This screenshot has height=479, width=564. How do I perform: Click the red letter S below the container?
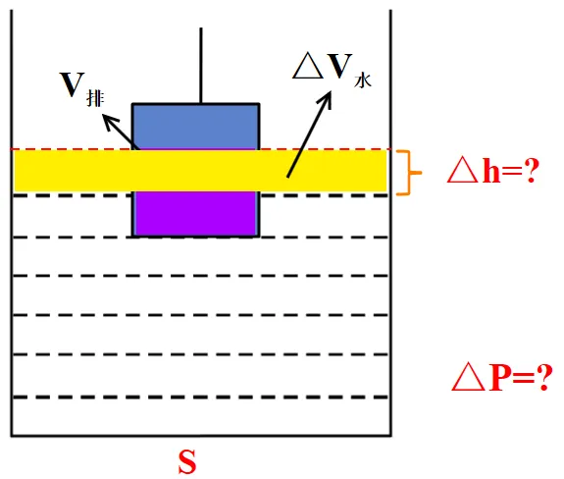[x=187, y=462]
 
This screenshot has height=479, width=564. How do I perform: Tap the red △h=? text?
[x=493, y=171]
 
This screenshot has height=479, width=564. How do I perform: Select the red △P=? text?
[x=502, y=378]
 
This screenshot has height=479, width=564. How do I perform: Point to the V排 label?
[x=82, y=89]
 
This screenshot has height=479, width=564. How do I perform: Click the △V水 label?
[x=332, y=70]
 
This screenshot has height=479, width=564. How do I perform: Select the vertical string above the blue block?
[x=201, y=66]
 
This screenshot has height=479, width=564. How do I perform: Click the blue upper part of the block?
[x=196, y=127]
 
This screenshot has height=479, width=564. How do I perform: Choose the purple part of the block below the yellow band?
[x=196, y=213]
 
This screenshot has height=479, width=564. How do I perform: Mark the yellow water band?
[x=200, y=171]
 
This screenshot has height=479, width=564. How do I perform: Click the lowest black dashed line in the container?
[x=200, y=398]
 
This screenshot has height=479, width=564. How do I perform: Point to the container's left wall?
[x=12, y=223]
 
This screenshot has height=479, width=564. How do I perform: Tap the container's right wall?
[x=390, y=223]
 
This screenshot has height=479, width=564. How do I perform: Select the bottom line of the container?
[x=201, y=436]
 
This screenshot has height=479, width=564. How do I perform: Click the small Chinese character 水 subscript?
[x=363, y=80]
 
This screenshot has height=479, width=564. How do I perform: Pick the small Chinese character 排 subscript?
[x=96, y=98]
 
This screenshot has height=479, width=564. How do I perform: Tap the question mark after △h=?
[x=532, y=171]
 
